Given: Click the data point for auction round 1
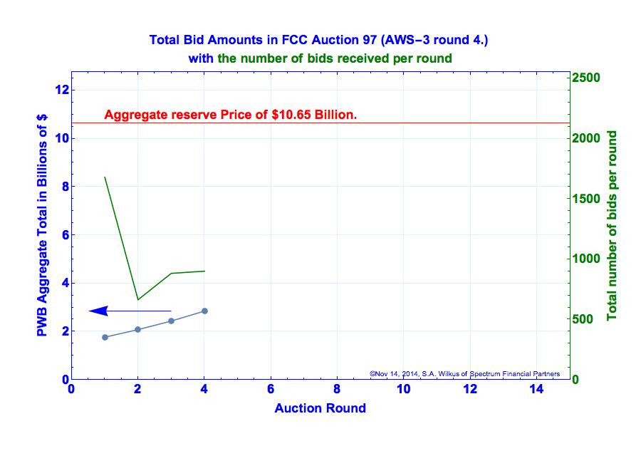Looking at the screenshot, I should pos(105,337).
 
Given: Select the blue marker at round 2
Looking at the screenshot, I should pos(137,329).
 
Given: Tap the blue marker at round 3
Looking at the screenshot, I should pos(171,321).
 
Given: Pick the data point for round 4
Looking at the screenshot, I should pos(204,311).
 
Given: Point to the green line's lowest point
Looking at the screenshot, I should pos(137,299).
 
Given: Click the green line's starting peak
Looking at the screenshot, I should pos(105,177).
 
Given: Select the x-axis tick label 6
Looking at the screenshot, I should pos(271,389).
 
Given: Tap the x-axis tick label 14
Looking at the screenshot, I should pos(536,389).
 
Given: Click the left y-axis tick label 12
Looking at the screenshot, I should pos(61,90).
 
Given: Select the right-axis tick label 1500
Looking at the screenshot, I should pos(588,198).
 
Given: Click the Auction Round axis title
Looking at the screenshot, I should pos(320,408).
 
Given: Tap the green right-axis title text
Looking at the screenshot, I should pos(612,225).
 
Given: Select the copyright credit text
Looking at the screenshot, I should pos(464,373).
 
